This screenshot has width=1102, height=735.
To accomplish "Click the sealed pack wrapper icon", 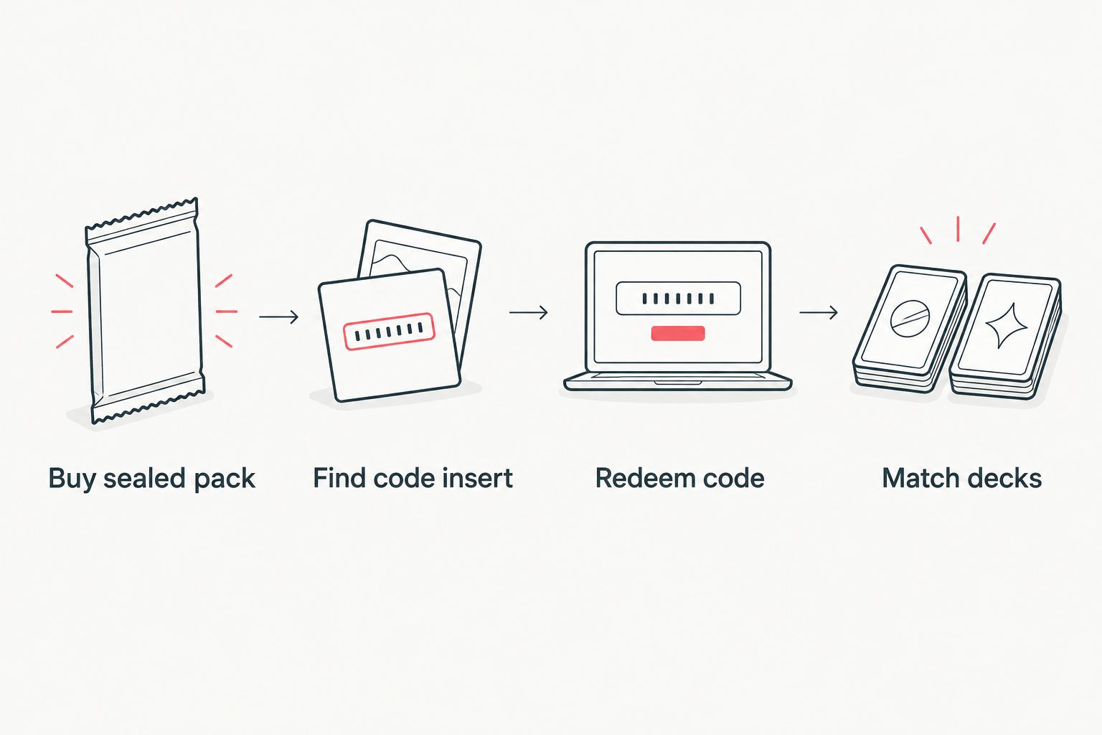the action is pos(145,311).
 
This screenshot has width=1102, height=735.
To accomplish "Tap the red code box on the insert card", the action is pos(389,332).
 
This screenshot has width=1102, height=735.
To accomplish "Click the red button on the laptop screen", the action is pos(678,333).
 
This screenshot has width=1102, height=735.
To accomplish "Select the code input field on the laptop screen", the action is pos(679,299).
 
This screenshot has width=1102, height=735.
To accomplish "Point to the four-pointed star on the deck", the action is pos(1007,326).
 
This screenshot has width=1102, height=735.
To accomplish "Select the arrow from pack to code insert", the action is pos(278,317).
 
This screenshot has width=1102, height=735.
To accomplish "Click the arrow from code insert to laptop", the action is pos(528,312).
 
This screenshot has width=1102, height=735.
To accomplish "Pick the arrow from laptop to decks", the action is pos(819,312).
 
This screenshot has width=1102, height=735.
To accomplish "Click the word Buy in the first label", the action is pos(71,479).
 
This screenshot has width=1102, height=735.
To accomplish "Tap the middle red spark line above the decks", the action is pos(958,229).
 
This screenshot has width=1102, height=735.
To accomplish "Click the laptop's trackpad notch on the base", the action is pos(678,383).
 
